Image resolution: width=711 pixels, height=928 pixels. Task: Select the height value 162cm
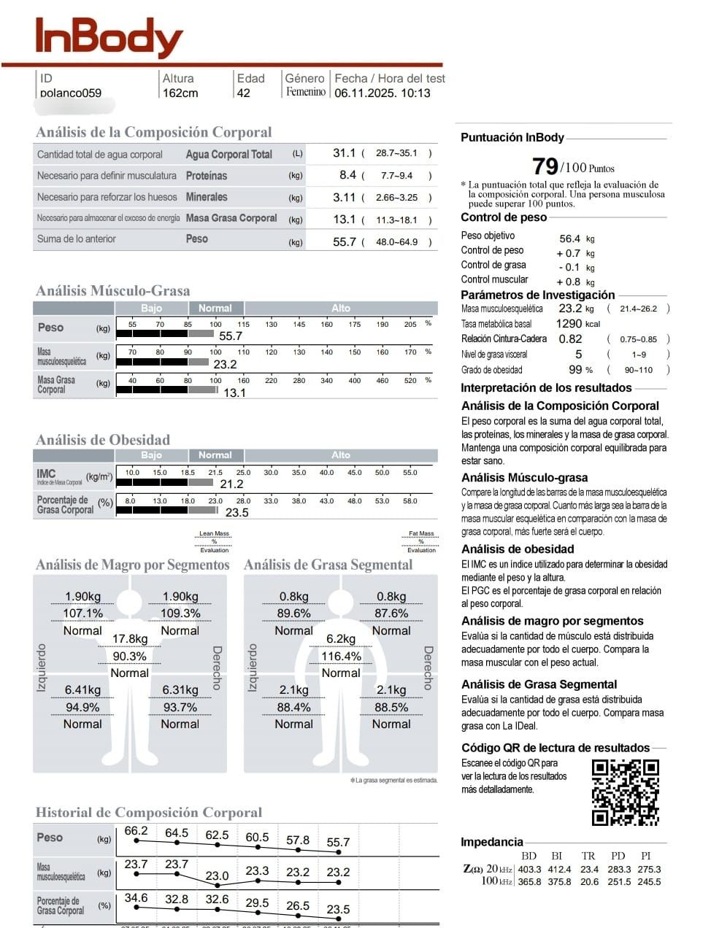pyautogui.click(x=180, y=93)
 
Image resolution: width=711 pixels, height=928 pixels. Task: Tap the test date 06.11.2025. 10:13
pyautogui.click(x=382, y=93)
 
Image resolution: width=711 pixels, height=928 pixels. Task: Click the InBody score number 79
pyautogui.click(x=545, y=166)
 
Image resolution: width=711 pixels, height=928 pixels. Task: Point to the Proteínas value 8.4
pyautogui.click(x=347, y=175)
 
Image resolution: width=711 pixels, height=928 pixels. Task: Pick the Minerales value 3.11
pyautogui.click(x=344, y=197)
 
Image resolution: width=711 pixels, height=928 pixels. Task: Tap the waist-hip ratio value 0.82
pyautogui.click(x=570, y=339)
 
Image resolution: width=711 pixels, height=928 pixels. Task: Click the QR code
pyautogui.click(x=625, y=792)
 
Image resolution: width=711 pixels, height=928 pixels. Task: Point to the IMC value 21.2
pyautogui.click(x=231, y=484)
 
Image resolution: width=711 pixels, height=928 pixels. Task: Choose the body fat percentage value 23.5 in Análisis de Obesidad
pyautogui.click(x=237, y=512)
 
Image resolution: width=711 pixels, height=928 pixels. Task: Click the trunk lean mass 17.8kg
pyautogui.click(x=129, y=638)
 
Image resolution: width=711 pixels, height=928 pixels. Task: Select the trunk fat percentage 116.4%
pyautogui.click(x=341, y=656)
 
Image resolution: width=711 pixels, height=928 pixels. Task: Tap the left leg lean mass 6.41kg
pyautogui.click(x=82, y=689)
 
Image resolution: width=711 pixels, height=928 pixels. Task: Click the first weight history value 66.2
pyautogui.click(x=136, y=831)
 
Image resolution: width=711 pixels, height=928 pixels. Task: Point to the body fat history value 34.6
pyautogui.click(x=136, y=897)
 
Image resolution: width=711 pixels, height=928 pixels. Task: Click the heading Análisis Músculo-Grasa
pyautogui.click(x=112, y=290)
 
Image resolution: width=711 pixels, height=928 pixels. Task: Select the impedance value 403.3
pyautogui.click(x=529, y=869)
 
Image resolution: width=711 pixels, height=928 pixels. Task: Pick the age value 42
pyautogui.click(x=243, y=93)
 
